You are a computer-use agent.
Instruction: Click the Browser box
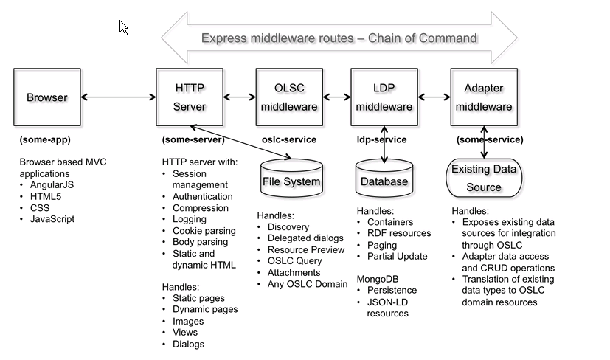pyautogui.click(x=46, y=97)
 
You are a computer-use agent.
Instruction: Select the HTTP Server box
pyautogui.click(x=190, y=97)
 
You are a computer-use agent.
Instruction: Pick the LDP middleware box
pyautogui.click(x=384, y=97)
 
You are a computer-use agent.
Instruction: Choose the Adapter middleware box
pyautogui.click(x=484, y=97)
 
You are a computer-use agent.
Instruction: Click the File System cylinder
pyautogui.click(x=291, y=180)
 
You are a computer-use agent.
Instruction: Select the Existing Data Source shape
pyautogui.click(x=484, y=179)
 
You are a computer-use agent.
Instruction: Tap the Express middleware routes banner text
pyautogui.click(x=339, y=38)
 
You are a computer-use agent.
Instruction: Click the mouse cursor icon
pyautogui.click(x=124, y=27)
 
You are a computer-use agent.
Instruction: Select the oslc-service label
pyautogui.click(x=289, y=139)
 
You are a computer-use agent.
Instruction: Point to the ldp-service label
pyautogui.click(x=381, y=139)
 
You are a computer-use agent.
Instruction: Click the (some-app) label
pyautogui.click(x=45, y=139)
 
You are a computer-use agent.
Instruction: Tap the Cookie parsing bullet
pyautogui.click(x=204, y=230)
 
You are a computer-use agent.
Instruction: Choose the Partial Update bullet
pyautogui.click(x=397, y=256)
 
